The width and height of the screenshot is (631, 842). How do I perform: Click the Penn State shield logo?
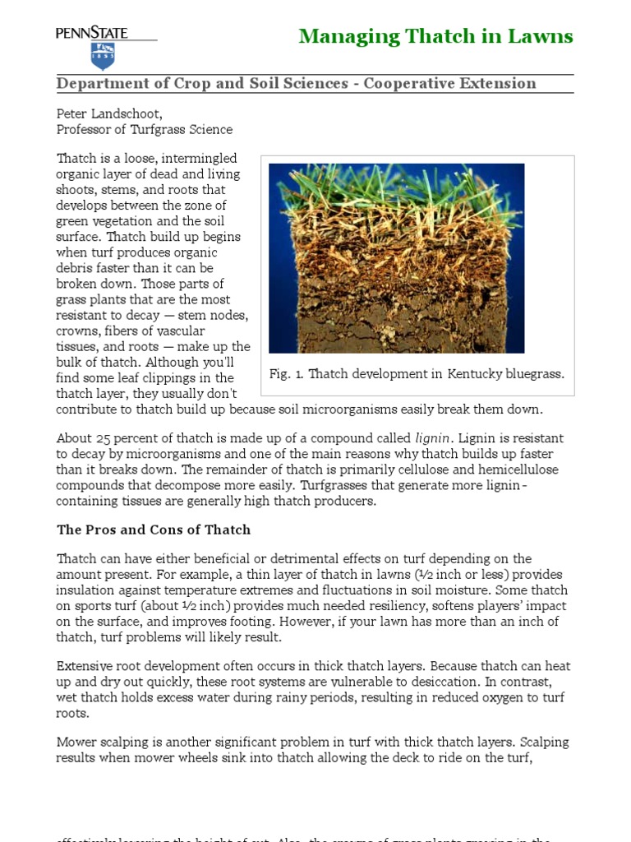(x=102, y=56)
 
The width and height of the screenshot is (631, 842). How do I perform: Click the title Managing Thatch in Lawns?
(x=435, y=36)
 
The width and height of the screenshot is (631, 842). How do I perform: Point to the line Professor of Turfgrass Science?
(x=144, y=129)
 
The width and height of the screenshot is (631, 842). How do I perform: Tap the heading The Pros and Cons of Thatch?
(x=153, y=530)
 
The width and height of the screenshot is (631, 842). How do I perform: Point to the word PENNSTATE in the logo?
(x=92, y=33)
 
